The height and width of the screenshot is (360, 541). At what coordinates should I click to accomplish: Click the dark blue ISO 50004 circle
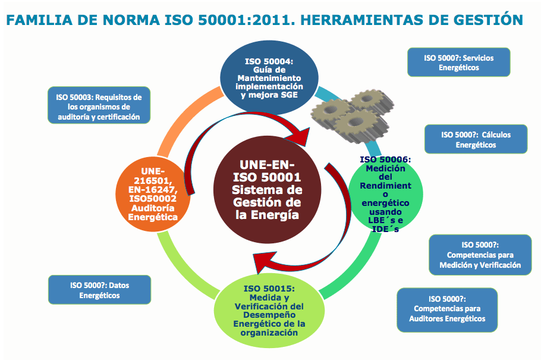[x=269, y=77]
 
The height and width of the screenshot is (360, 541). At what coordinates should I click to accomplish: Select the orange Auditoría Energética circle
[x=153, y=194]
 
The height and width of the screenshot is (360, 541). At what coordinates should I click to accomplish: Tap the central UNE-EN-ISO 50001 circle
[x=267, y=190]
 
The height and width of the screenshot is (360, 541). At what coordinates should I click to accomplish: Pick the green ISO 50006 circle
[x=385, y=194]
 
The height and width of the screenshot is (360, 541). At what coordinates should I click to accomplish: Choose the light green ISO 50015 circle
[x=269, y=310]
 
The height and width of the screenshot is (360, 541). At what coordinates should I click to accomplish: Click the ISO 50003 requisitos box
[x=99, y=105]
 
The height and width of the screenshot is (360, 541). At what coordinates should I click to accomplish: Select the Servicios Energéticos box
[x=459, y=62]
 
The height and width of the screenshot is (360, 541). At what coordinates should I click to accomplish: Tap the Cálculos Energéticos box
[x=476, y=139]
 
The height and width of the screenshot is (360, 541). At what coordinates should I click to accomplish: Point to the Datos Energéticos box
[x=99, y=290]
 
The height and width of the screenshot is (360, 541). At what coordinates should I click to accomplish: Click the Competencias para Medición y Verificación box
[x=480, y=255]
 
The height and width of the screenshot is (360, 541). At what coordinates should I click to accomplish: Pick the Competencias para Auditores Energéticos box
[x=447, y=310]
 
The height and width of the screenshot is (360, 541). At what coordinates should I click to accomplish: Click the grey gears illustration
[x=352, y=116]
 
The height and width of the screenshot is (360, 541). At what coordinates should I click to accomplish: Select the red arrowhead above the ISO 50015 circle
[x=265, y=262]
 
